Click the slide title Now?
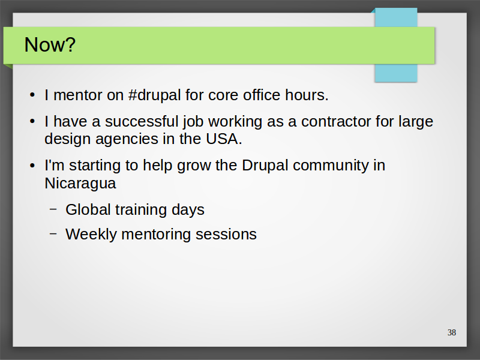50,44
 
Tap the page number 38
452,332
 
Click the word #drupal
155,95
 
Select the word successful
142,121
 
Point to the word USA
224,139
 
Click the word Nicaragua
80,184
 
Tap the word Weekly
91,235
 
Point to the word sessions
226,235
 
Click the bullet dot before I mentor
32,95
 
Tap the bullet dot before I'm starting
32,166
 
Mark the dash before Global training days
53,209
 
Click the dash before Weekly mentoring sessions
53,233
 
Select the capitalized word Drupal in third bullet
265,166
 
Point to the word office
262,95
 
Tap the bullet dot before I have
32,122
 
